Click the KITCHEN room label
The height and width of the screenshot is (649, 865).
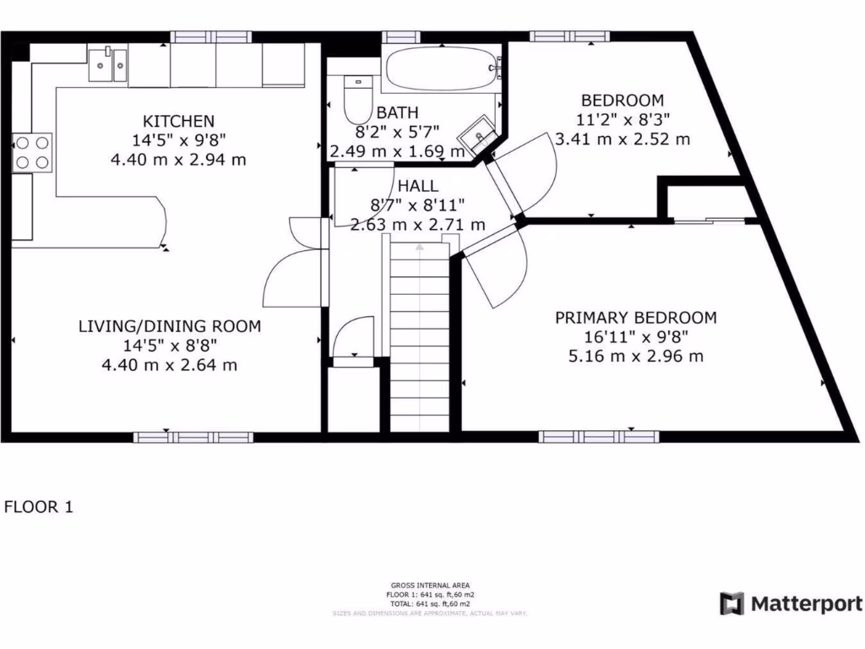click(178, 121)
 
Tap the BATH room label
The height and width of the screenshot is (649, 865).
click(397, 113)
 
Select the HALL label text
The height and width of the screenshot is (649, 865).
click(418, 185)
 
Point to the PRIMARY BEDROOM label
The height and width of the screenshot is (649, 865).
click(635, 318)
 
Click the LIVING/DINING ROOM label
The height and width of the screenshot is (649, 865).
click(170, 326)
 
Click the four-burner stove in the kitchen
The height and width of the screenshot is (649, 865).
click(32, 152)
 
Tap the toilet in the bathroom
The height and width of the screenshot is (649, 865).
click(358, 100)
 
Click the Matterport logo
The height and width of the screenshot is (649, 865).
click(792, 603)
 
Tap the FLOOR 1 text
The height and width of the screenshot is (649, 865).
click(39, 507)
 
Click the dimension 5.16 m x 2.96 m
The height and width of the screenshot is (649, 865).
click(635, 356)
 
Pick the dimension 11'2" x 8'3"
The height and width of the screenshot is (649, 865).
click(622, 120)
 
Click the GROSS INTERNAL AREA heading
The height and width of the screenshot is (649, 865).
click(430, 585)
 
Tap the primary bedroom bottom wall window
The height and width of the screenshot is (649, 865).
click(598, 436)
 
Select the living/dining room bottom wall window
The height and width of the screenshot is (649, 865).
click(193, 436)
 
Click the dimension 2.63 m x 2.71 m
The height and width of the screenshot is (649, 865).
click(418, 224)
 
